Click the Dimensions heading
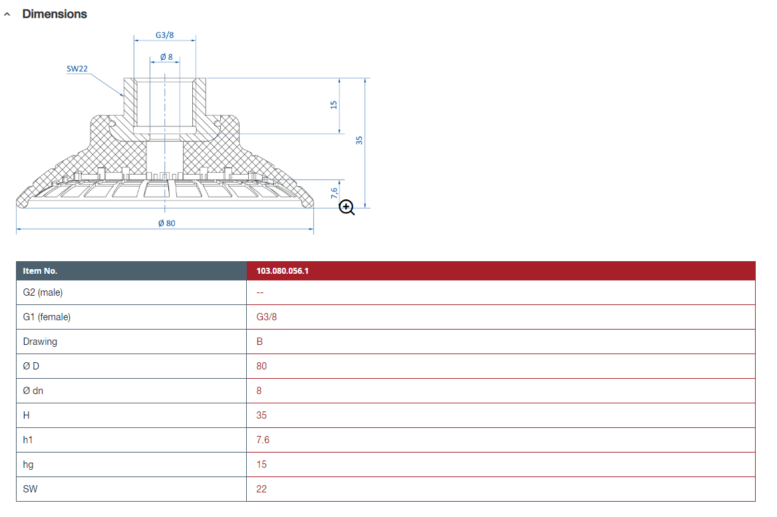click(55, 14)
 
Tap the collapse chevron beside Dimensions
click(7, 15)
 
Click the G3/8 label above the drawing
click(164, 35)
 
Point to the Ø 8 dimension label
click(166, 57)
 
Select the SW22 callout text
click(77, 69)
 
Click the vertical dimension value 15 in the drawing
click(333, 105)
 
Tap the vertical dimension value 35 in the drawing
click(359, 140)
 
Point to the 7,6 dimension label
click(334, 193)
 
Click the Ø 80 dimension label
click(166, 223)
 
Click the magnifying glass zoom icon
click(347, 207)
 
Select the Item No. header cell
click(40, 271)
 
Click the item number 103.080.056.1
click(283, 271)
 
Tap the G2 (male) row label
click(43, 292)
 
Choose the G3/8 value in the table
click(267, 317)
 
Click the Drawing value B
click(259, 342)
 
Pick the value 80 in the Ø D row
click(261, 366)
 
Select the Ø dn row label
click(33, 391)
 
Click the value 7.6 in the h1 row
click(263, 440)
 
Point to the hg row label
click(28, 465)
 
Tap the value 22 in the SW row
click(261, 489)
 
